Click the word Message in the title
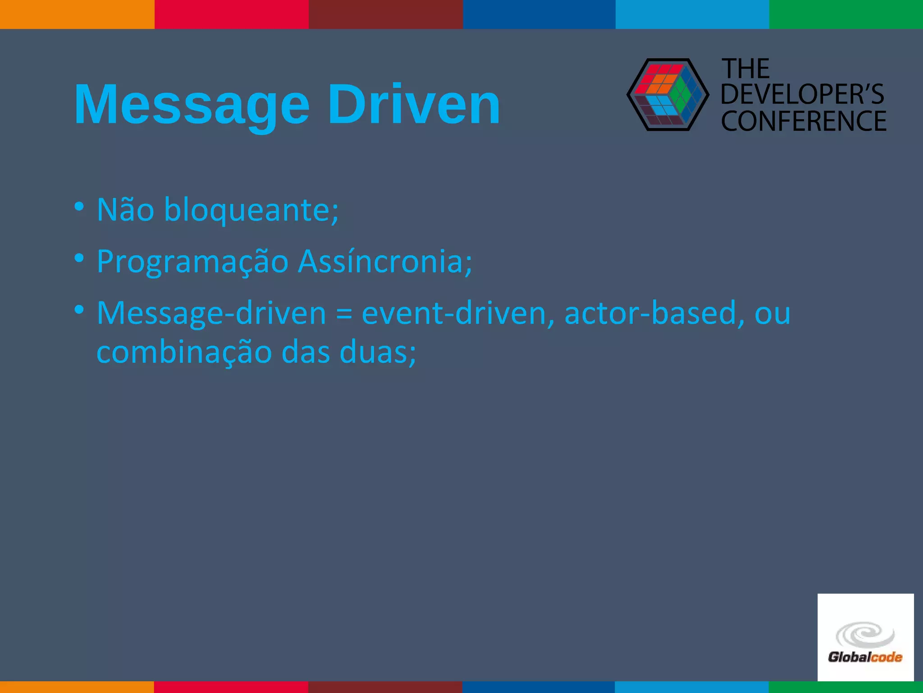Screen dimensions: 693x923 point(192,105)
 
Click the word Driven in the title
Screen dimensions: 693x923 point(413,105)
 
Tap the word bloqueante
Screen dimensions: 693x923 point(251,210)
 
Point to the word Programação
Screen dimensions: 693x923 point(192,262)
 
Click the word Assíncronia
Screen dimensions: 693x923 point(385,261)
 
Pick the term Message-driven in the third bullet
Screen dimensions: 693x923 point(211,313)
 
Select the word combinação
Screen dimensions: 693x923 point(184,352)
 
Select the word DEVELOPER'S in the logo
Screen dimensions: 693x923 point(802,94)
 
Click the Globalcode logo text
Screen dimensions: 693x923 point(865,657)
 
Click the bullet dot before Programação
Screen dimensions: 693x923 point(79,259)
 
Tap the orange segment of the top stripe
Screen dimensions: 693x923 point(77,14)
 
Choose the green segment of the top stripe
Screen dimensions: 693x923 point(846,14)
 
